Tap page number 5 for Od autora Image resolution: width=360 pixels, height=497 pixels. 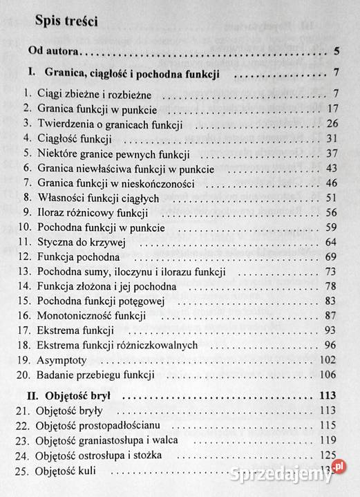(335, 50)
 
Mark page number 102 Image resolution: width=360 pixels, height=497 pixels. (327, 360)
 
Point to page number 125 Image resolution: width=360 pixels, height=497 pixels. (327, 457)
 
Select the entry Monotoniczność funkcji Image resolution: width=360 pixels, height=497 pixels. (93, 316)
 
